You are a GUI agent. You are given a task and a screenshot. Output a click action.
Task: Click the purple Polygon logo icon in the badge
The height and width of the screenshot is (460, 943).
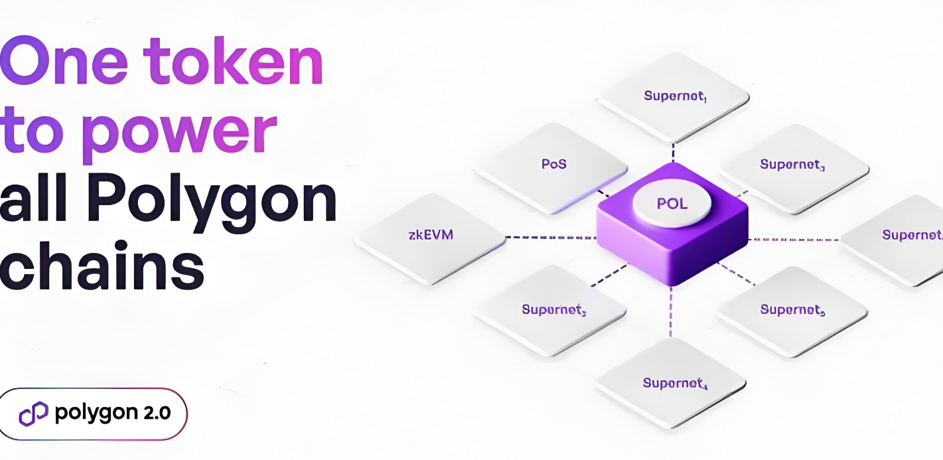(34, 414)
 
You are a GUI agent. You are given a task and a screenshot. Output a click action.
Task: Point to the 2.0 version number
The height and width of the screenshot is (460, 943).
(157, 412)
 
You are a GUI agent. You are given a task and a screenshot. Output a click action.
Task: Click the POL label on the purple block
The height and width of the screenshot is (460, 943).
(672, 203)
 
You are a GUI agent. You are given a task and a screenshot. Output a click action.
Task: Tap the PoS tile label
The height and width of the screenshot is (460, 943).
(553, 163)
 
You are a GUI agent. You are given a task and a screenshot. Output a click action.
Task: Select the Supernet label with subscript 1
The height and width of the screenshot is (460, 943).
(675, 96)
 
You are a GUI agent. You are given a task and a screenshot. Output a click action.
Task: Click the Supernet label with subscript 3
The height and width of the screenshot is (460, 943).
(792, 165)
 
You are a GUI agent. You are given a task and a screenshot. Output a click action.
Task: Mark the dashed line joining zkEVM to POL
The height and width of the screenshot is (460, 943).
(551, 237)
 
